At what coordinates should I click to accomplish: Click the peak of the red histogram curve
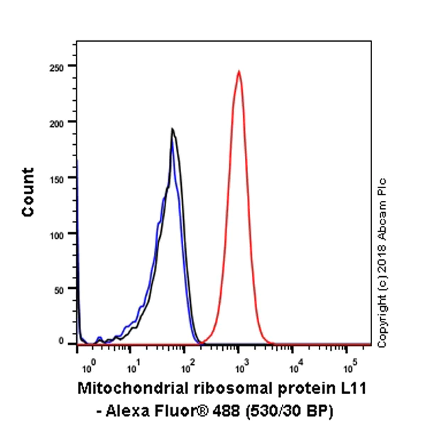coord(239,71)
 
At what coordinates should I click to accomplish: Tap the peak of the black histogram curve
coord(172,129)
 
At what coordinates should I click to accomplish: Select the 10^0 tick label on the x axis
coord(88,369)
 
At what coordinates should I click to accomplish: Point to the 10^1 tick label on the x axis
coord(133,369)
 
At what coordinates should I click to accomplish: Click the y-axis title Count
coord(28,192)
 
